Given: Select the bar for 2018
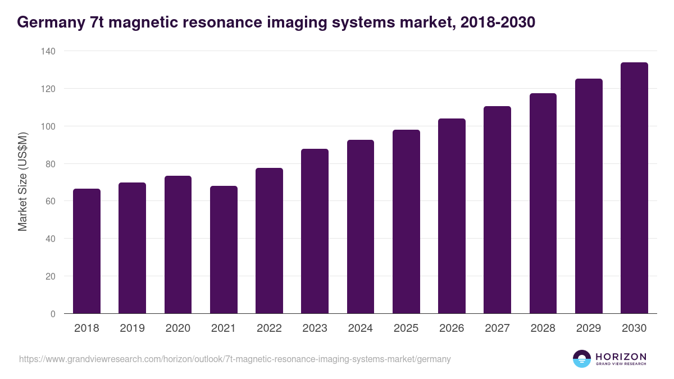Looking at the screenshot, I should click(86, 251).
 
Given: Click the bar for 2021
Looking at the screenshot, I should click(224, 250).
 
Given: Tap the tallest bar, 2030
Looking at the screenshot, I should click(634, 188).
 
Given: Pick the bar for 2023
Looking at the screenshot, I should click(315, 231).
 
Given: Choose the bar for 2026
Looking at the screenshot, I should click(452, 216).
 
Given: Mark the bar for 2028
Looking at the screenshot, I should click(543, 203).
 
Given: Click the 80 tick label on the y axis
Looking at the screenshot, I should click(51, 164).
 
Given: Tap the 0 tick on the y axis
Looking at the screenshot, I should click(53, 314).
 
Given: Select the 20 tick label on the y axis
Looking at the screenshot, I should click(51, 276).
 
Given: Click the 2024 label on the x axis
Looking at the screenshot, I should click(360, 328).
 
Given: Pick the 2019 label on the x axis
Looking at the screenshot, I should click(132, 328).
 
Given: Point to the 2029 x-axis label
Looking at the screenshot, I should click(589, 328).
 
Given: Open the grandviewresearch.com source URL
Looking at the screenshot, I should click(235, 359).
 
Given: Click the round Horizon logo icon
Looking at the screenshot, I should click(582, 359).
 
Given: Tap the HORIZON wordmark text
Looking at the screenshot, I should click(621, 356).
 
